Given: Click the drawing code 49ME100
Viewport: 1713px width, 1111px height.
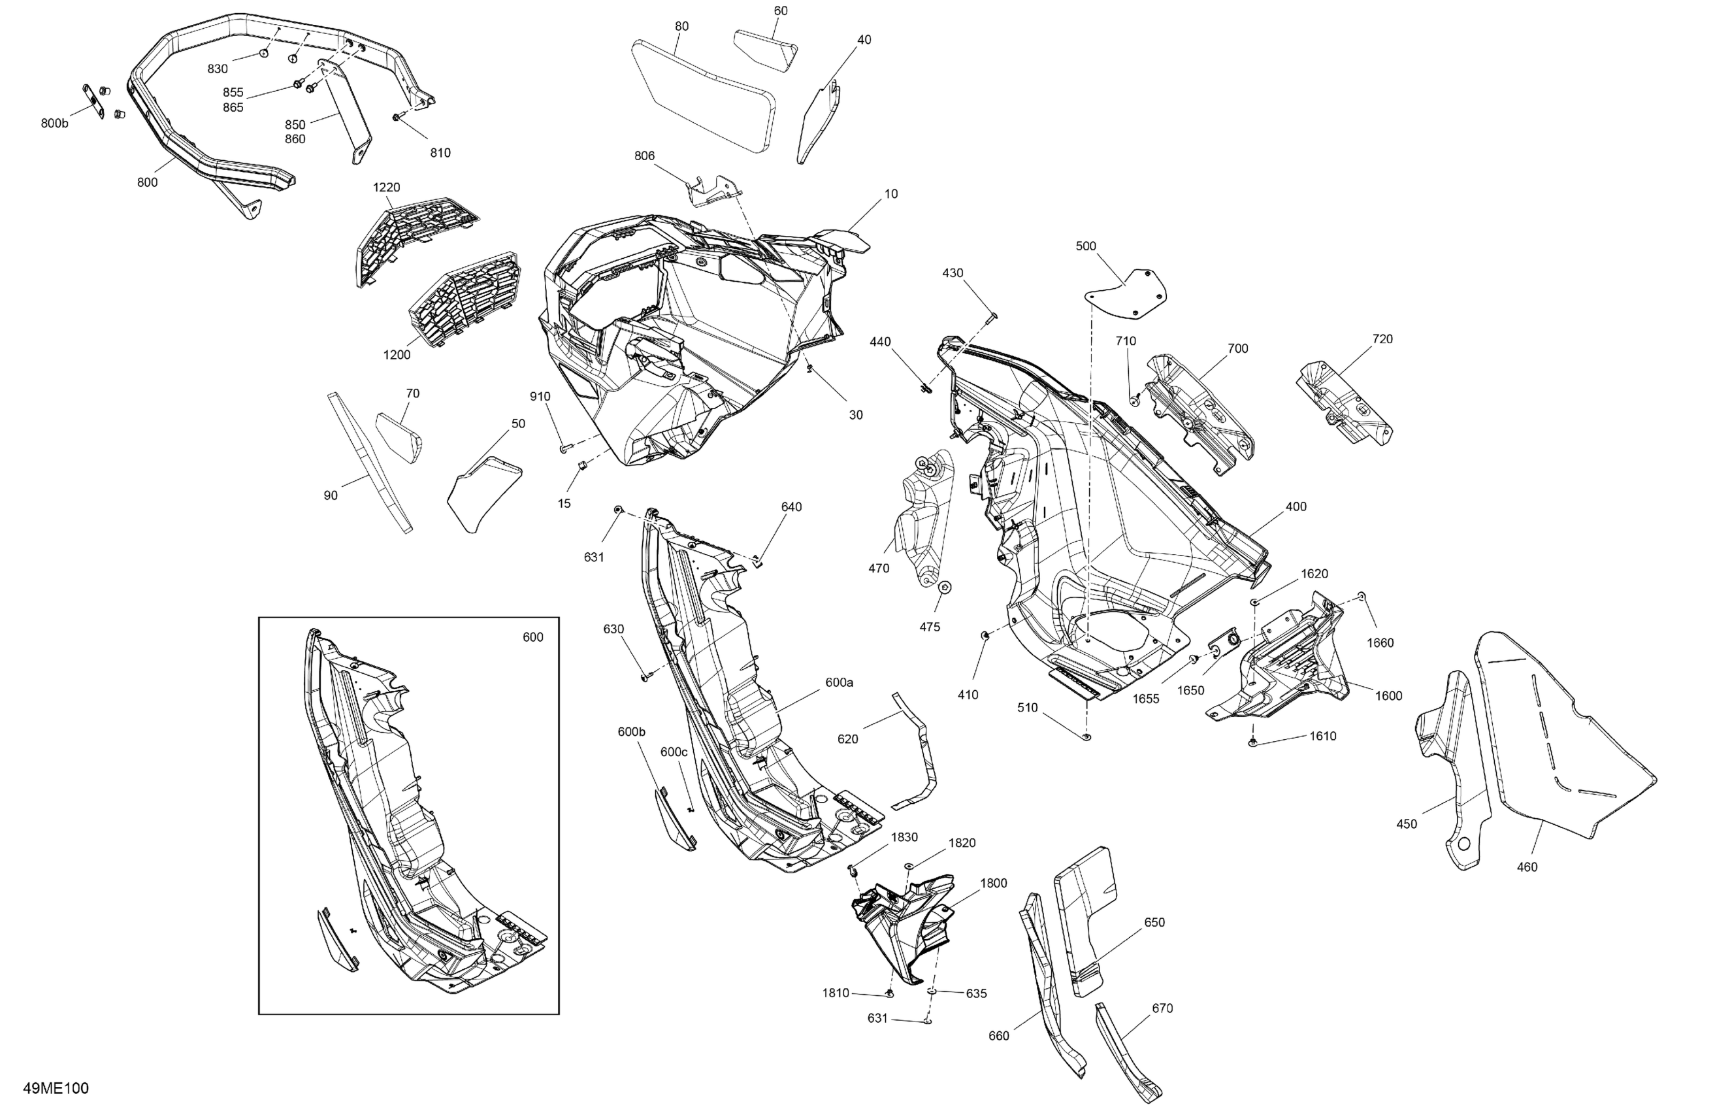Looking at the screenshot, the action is (x=56, y=1088).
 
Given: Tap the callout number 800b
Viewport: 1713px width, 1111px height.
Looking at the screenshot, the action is (x=55, y=123).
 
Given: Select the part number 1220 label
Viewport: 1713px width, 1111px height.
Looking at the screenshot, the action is (x=386, y=187).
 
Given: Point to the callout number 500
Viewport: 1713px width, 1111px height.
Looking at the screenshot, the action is (x=1086, y=246).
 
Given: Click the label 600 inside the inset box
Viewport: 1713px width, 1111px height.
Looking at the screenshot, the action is (x=532, y=637).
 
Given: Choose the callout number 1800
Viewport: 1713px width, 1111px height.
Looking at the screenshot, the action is (x=993, y=883).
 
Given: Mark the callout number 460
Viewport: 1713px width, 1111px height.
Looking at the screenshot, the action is (x=1527, y=867).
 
